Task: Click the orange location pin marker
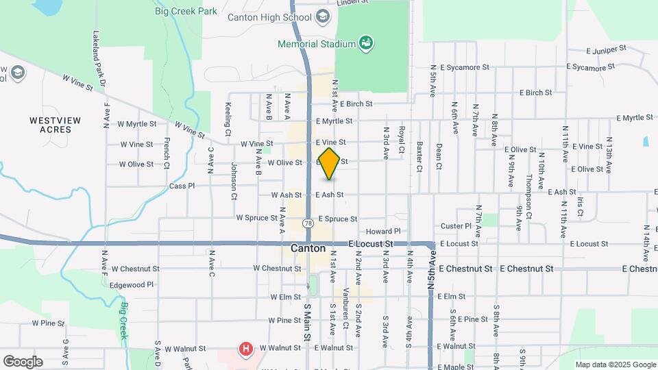(x=330, y=163)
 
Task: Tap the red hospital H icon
(x=245, y=349)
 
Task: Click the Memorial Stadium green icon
(x=367, y=44)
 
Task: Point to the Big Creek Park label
(x=186, y=11)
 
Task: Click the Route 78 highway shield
(x=308, y=223)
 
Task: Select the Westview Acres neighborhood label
(x=55, y=125)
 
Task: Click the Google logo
(x=23, y=361)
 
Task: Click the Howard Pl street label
(x=382, y=232)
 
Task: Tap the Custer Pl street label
(x=456, y=225)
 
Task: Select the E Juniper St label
(x=607, y=49)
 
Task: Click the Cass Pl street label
(x=182, y=186)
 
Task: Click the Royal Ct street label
(x=402, y=138)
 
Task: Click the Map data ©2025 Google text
(x=615, y=365)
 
